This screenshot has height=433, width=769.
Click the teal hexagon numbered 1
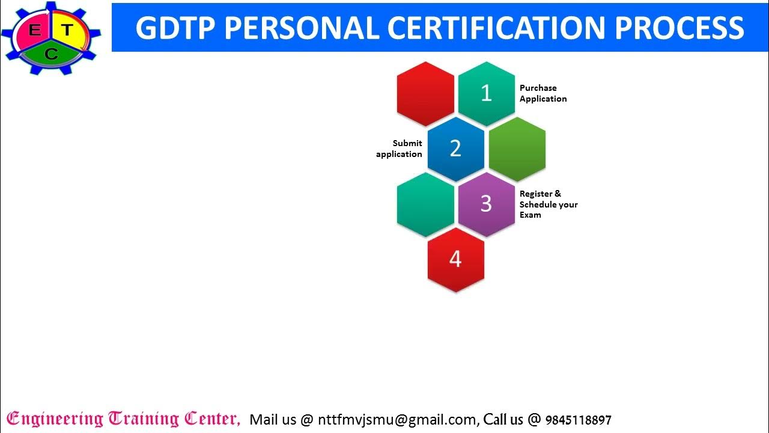coord(486,93)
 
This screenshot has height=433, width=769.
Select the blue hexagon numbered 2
coord(455,149)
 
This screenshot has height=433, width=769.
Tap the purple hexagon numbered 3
coord(486,204)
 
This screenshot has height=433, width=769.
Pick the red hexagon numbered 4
coord(455,259)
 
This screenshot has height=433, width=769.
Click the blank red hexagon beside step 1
coord(425,93)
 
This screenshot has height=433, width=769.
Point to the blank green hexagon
coord(517,149)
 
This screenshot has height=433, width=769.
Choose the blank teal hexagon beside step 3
coord(425,204)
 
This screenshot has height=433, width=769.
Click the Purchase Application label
coord(543,93)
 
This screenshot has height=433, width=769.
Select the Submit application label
coord(400,149)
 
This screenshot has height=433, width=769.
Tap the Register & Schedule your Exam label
coord(548,204)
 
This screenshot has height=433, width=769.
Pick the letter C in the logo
coord(51,55)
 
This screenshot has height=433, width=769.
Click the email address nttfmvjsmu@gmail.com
coord(397,419)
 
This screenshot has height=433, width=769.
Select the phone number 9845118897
coord(578,420)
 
